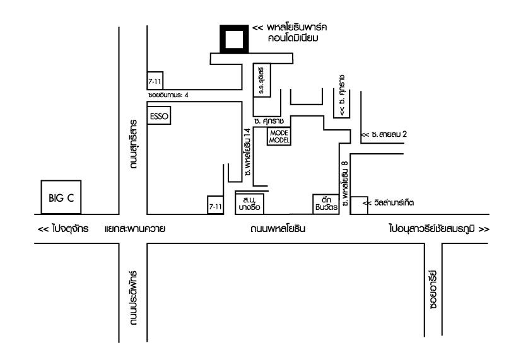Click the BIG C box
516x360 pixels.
coord(62,197)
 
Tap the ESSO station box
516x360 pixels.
coord(159,117)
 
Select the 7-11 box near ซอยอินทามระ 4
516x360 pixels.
coord(155,82)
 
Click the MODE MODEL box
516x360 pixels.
coord(278,137)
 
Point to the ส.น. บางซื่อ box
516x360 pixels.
coord(249,202)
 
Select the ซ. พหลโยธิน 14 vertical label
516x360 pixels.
coord(249,151)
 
